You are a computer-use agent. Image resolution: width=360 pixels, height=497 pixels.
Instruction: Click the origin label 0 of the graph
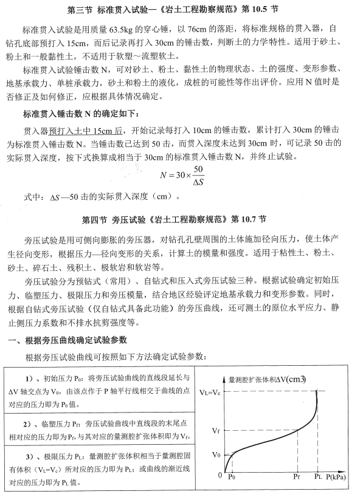click(220, 476)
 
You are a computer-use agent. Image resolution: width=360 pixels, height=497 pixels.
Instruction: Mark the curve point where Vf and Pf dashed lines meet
click(297, 430)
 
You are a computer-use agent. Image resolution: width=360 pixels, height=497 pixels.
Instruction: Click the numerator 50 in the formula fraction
click(198, 170)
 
